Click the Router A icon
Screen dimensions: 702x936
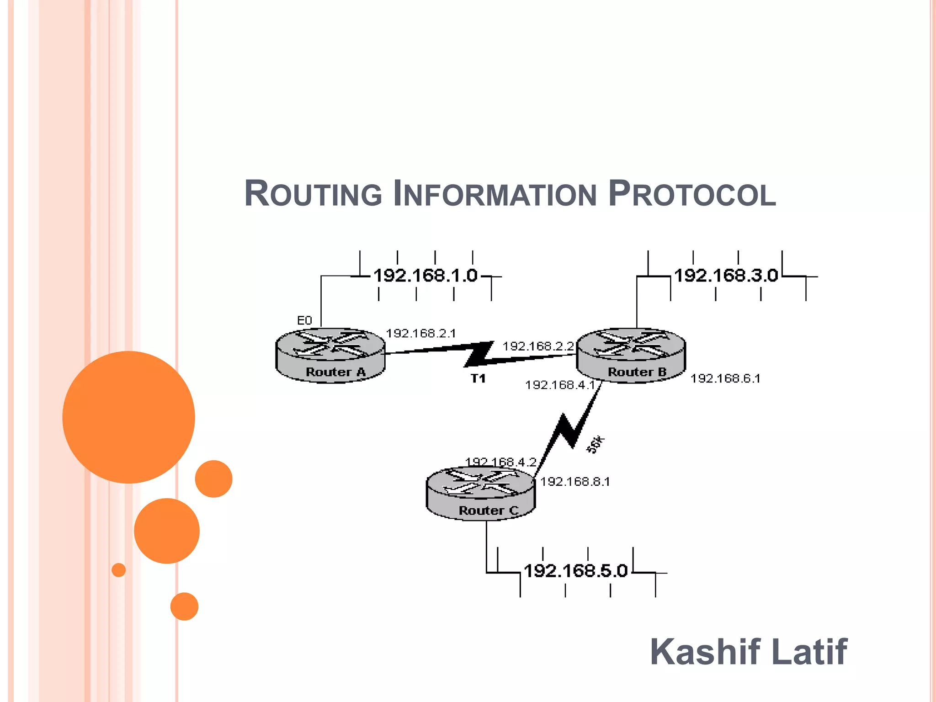pyautogui.click(x=330, y=355)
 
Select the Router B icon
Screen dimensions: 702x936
pyautogui.click(x=631, y=355)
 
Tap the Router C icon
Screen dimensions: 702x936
pyautogui.click(x=480, y=494)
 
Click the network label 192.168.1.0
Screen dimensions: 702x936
pyautogui.click(x=425, y=276)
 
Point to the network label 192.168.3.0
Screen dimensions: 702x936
pyautogui.click(x=726, y=276)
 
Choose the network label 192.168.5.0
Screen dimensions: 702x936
pyautogui.click(x=576, y=571)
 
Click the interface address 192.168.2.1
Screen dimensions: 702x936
pyautogui.click(x=421, y=333)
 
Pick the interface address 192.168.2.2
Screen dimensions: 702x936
pyautogui.click(x=538, y=346)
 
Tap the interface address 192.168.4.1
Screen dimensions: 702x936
pyautogui.click(x=560, y=385)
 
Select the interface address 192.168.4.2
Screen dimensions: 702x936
pyautogui.click(x=500, y=462)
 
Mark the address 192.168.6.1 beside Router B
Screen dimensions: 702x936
pyautogui.click(x=725, y=378)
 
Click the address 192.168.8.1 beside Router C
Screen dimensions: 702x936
pyautogui.click(x=575, y=482)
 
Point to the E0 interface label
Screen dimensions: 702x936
pyautogui.click(x=304, y=320)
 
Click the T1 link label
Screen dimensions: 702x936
pyautogui.click(x=478, y=378)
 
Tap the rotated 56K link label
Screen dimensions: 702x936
pyautogui.click(x=595, y=444)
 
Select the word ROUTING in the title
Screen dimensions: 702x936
pyautogui.click(x=313, y=194)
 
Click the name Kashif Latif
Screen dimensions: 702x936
pyautogui.click(x=749, y=652)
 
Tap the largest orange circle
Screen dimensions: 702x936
pyautogui.click(x=128, y=417)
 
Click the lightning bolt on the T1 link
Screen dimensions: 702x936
pyautogui.click(x=479, y=354)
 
